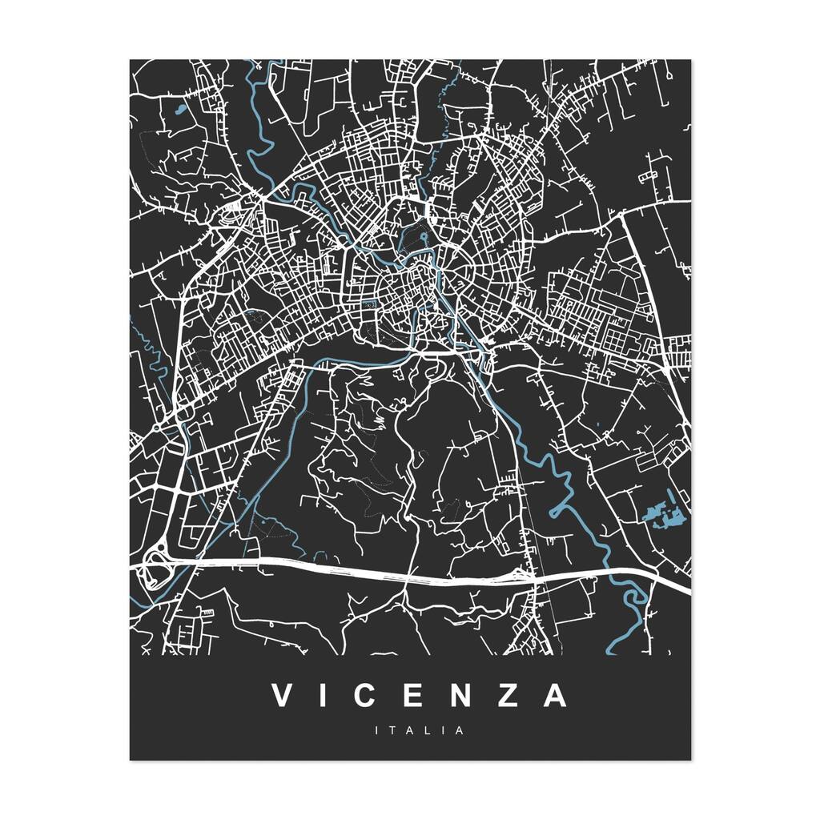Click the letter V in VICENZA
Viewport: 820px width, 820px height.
coord(282,695)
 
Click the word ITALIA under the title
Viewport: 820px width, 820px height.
coord(419,730)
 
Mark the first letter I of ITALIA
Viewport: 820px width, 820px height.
coord(376,730)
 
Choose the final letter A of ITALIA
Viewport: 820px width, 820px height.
coord(460,730)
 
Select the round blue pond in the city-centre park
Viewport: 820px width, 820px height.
coord(423,236)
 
